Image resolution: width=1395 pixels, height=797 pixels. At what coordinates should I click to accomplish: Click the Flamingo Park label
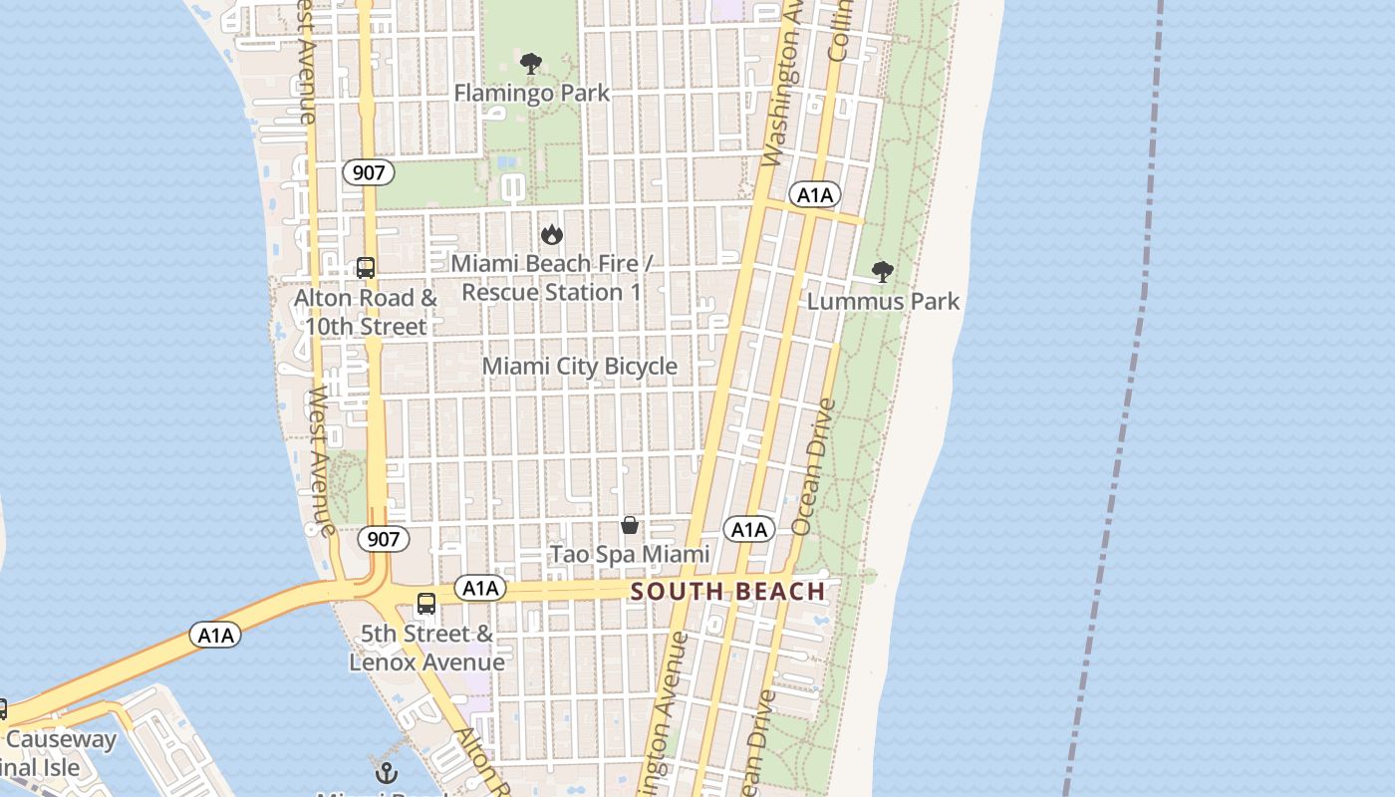coord(531,94)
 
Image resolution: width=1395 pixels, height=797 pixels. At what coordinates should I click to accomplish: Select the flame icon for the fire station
coord(551,234)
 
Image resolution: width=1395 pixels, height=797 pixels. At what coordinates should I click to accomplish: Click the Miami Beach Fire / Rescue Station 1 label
coord(551,278)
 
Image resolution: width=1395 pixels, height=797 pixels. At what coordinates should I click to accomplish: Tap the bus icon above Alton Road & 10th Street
coord(366,268)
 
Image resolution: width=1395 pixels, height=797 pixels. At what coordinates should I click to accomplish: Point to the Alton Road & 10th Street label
coord(366,312)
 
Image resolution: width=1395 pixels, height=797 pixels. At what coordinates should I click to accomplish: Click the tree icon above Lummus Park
coord(882,271)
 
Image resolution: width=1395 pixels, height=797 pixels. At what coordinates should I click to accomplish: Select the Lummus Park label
coord(883,301)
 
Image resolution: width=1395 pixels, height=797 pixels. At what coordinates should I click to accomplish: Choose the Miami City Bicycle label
coord(579,367)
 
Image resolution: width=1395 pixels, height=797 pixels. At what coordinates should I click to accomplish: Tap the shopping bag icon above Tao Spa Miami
coord(630,525)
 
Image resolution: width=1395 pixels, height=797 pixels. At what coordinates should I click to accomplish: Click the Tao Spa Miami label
coord(630,554)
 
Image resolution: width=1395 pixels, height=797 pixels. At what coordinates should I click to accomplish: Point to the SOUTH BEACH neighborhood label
coord(728,592)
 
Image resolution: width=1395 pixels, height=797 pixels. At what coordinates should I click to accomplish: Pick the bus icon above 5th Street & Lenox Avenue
coord(426,604)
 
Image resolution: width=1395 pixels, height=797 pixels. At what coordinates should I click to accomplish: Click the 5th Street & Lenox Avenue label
coord(426,648)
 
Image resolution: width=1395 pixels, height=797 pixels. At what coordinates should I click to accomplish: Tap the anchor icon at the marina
coord(386,773)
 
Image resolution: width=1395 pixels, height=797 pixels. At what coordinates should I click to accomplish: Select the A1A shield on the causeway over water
coord(216,635)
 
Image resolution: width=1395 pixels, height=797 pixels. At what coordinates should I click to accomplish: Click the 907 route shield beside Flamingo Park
coord(368,172)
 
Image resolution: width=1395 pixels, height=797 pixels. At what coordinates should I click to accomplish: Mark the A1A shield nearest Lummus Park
coord(815,195)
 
